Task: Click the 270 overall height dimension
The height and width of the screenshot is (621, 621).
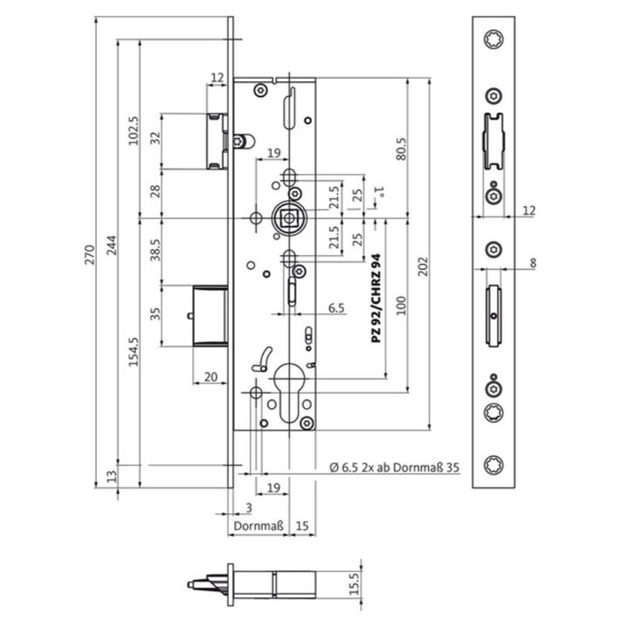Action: [x=90, y=255]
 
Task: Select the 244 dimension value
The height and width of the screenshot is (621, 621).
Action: [x=113, y=245]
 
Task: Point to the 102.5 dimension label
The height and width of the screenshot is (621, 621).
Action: [x=135, y=131]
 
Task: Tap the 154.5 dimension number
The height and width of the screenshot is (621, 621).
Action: [x=135, y=352]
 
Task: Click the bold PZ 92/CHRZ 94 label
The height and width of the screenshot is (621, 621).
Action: [x=376, y=298]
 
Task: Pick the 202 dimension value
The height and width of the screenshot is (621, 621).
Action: [x=424, y=266]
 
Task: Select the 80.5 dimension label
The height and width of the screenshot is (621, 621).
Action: [x=401, y=148]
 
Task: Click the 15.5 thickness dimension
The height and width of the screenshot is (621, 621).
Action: [x=355, y=583]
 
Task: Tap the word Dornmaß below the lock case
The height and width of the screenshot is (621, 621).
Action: [x=259, y=526]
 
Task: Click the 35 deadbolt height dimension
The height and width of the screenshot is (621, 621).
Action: [x=156, y=314]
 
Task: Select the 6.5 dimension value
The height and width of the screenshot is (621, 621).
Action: [x=336, y=307]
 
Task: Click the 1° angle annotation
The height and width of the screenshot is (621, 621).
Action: [x=380, y=191]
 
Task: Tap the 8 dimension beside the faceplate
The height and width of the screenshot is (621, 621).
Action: [x=533, y=263]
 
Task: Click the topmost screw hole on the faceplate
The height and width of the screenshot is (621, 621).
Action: [x=493, y=39]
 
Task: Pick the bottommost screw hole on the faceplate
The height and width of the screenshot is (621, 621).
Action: [x=493, y=464]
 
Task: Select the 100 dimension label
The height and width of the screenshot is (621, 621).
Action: [x=401, y=306]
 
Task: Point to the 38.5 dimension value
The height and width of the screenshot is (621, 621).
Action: [x=155, y=250]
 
